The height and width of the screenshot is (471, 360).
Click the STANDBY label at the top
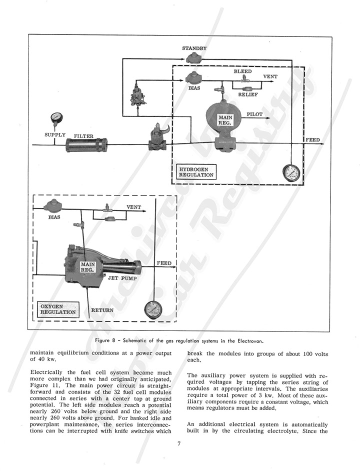(194, 48)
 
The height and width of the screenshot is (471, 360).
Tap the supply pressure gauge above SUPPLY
(55, 118)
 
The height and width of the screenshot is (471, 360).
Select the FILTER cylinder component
(86, 145)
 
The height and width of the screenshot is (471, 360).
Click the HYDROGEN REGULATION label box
(197, 171)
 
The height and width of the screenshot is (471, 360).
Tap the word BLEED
(242, 71)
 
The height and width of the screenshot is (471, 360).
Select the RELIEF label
(248, 93)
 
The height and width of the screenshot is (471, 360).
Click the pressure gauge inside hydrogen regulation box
(290, 173)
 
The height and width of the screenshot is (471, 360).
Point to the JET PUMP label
(120, 275)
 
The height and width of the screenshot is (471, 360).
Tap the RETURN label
(101, 310)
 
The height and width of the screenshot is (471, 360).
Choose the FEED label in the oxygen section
(164, 262)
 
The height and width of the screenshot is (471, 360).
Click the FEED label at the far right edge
(312, 139)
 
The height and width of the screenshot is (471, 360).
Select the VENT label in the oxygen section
(133, 206)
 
